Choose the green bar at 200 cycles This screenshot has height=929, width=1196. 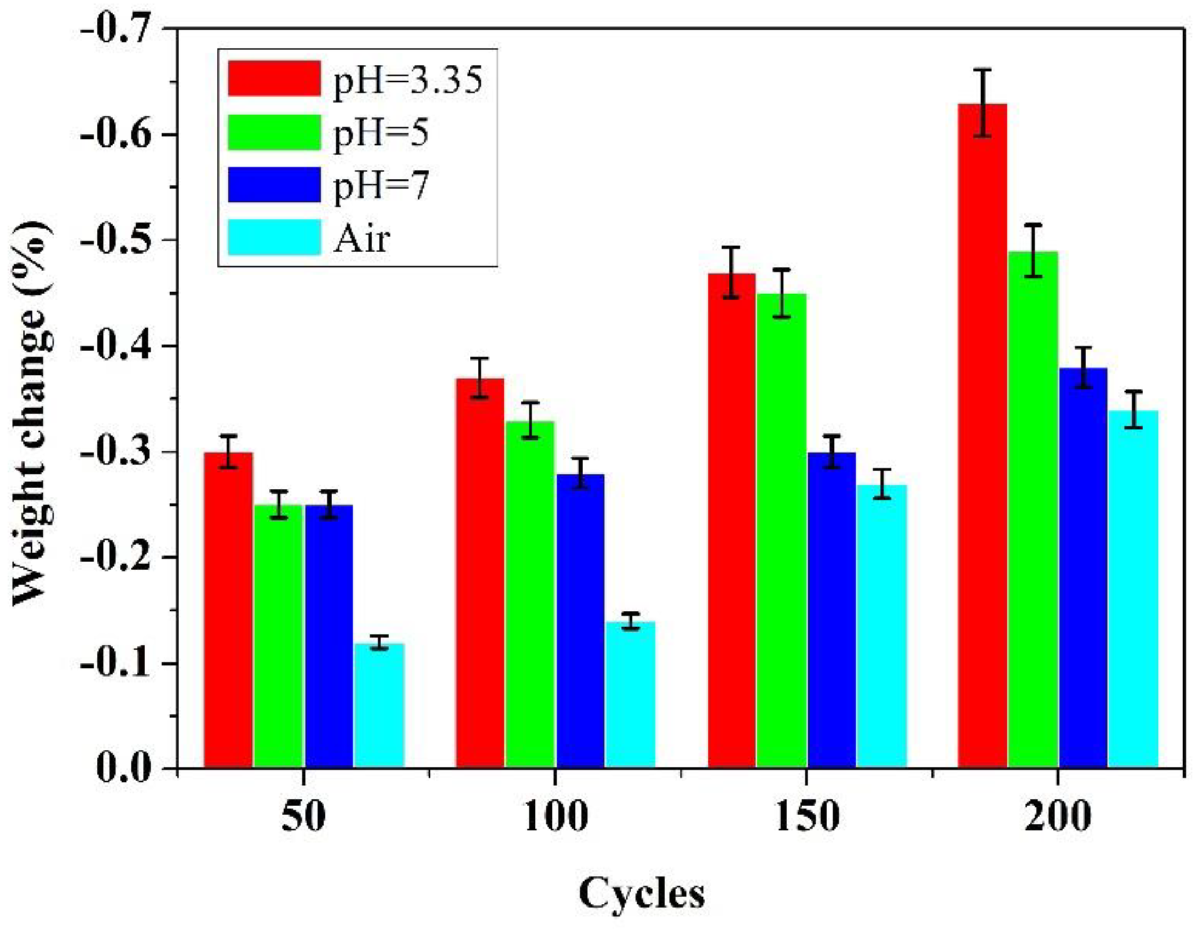click(1033, 510)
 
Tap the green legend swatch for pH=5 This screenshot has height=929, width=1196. click(274, 132)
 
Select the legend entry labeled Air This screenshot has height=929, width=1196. click(361, 239)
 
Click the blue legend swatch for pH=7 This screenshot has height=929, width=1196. click(274, 185)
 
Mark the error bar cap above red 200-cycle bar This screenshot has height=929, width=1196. click(982, 70)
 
